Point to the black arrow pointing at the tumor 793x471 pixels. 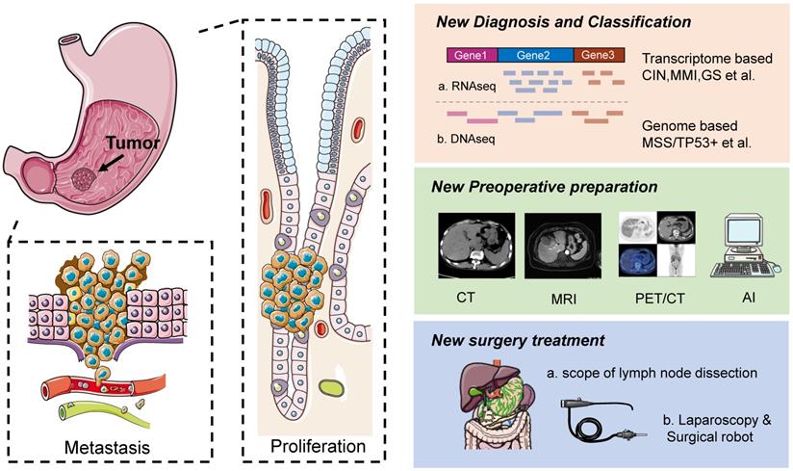(x=107, y=165)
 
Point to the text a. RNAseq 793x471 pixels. (x=461, y=86)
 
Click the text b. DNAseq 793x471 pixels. (x=461, y=142)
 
